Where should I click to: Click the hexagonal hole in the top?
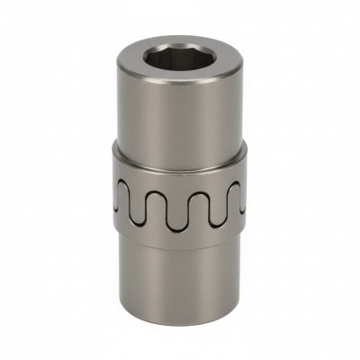point(179,60)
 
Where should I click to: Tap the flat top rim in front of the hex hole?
point(179,78)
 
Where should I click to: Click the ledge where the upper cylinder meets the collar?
point(179,150)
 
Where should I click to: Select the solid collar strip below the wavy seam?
point(179,236)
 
